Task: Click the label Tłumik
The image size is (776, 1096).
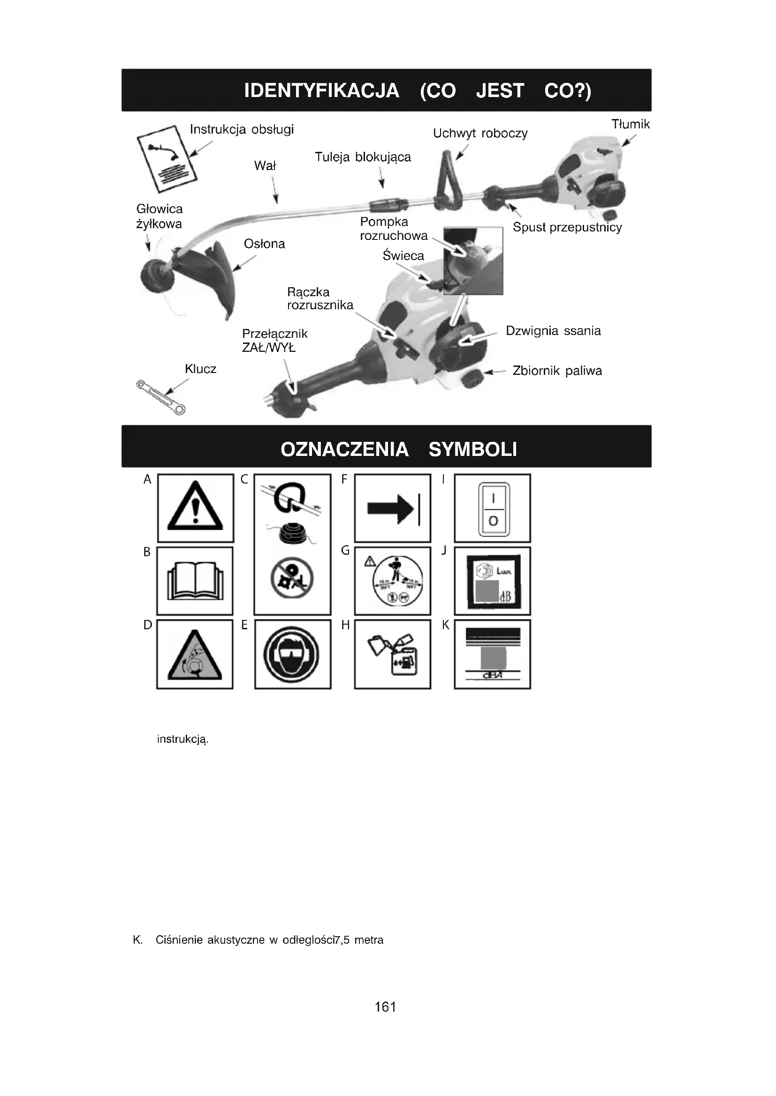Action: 630,125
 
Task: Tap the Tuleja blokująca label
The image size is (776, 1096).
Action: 363,157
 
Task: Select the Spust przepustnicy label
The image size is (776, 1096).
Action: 567,227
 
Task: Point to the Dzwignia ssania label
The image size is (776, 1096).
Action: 553,331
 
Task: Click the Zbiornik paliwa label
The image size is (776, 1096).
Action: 557,371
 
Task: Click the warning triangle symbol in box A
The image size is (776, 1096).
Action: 195,507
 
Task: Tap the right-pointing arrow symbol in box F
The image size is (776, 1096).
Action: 392,508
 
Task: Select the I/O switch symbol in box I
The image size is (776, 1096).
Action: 493,509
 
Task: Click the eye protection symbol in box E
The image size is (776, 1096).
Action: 292,655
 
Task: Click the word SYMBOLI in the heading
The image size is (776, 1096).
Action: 472,450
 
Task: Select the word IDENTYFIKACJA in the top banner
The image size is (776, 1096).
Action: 321,91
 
